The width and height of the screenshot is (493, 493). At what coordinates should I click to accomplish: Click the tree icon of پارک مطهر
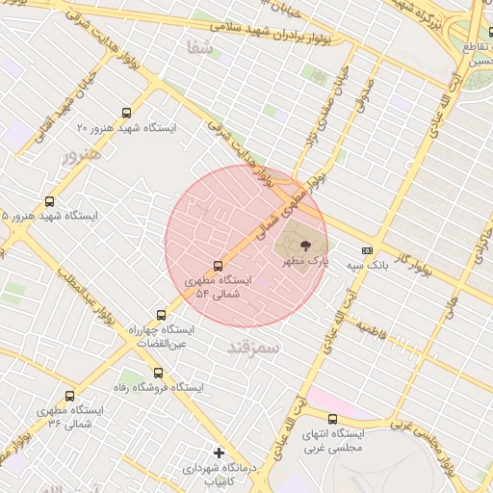304,246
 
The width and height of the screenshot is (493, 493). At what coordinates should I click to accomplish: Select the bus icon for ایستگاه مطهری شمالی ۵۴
218,266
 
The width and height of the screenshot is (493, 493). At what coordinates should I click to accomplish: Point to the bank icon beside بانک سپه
367,247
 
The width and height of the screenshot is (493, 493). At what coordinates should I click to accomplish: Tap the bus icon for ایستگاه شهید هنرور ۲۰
128,113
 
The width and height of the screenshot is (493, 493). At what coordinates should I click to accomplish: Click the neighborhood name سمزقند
253,347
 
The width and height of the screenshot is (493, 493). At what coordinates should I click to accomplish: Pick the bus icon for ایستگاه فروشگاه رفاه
158,373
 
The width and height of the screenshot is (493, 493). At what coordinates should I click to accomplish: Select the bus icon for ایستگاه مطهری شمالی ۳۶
69,396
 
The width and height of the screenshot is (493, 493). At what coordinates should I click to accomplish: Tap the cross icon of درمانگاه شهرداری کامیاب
219,453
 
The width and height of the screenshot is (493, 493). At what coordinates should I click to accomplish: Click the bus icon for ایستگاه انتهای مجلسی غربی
332,419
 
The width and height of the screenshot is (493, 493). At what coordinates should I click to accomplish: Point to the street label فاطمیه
372,331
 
